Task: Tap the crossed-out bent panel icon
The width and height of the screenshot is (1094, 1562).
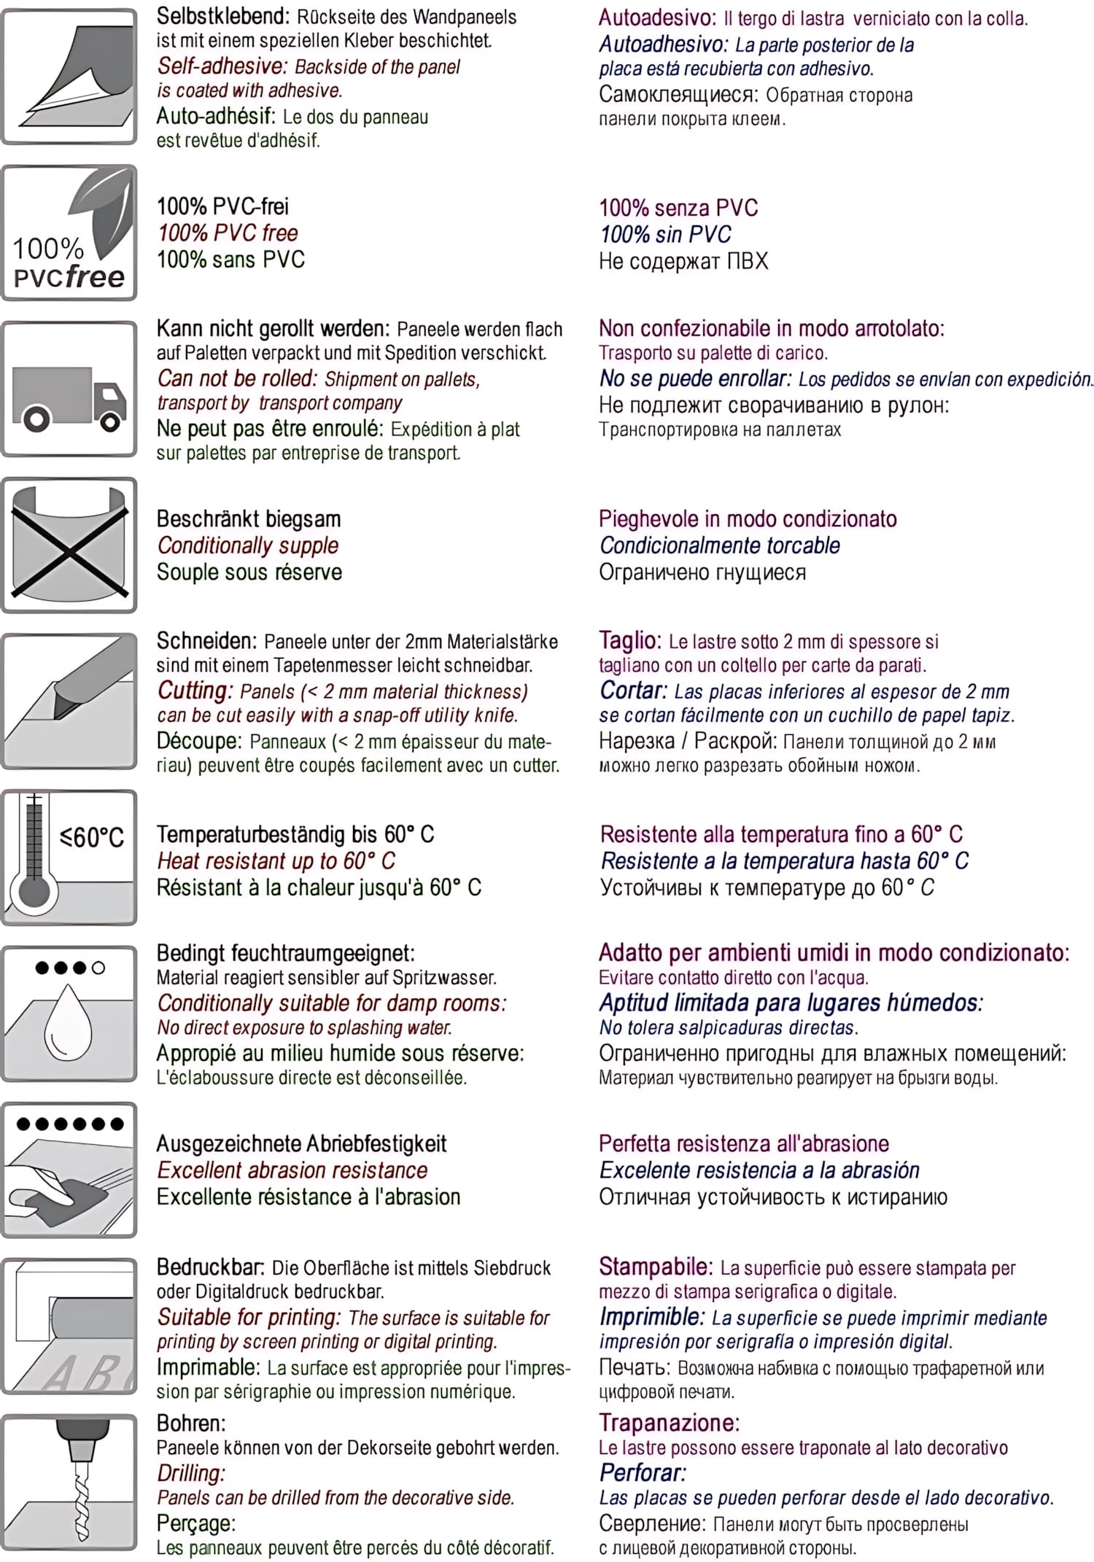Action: pos(69,545)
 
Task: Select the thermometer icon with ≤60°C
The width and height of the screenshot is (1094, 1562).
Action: pos(69,858)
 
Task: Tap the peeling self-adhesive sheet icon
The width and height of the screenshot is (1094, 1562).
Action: pos(69,77)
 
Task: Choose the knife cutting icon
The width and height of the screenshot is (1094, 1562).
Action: pos(69,701)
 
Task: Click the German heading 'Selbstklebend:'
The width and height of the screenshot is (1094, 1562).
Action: pos(222,16)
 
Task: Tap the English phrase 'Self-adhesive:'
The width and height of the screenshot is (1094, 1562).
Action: pos(222,66)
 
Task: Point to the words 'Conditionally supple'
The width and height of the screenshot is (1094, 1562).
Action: pos(248,545)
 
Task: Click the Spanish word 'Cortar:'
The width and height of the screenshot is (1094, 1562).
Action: pos(633,690)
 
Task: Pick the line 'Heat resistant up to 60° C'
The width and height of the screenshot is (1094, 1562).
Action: pos(276,861)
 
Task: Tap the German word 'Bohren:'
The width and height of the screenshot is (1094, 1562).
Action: pos(191,1423)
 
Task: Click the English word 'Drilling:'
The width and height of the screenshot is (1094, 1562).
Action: pos(191,1473)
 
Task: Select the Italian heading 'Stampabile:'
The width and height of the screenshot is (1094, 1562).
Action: pos(655,1267)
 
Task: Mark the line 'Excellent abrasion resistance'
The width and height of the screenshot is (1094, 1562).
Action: pos(292,1170)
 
